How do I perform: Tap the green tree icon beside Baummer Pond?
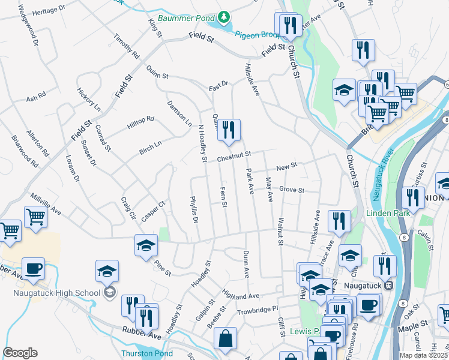224,17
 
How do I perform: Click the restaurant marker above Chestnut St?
229,130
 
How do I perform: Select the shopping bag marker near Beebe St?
225,338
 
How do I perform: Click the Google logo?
20,353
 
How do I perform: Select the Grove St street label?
292,191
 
